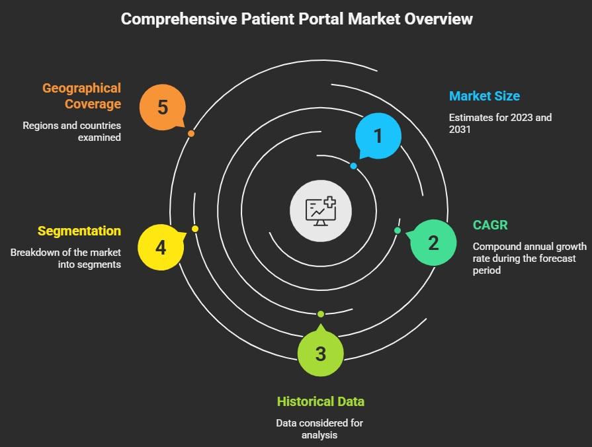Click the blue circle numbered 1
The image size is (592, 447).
(378, 136)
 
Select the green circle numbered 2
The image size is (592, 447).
(433, 243)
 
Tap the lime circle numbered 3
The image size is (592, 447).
(321, 353)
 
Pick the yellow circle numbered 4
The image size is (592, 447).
(161, 247)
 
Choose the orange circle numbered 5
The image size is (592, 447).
(163, 106)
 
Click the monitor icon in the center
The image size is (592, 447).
(320, 210)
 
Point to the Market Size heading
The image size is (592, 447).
(484, 96)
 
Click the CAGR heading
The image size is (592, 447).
(490, 225)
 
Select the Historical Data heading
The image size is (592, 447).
(321, 401)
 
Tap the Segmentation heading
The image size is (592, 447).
(79, 231)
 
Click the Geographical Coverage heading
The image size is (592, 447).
(81, 96)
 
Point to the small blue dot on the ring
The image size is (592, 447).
(354, 166)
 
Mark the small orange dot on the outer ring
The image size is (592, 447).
(190, 134)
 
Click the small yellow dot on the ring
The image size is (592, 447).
(195, 229)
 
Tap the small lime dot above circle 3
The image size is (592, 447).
(321, 313)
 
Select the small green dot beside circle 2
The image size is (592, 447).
(398, 230)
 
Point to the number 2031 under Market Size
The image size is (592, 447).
(460, 129)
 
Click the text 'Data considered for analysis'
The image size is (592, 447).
(319, 429)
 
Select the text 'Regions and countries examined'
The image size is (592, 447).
(72, 132)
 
